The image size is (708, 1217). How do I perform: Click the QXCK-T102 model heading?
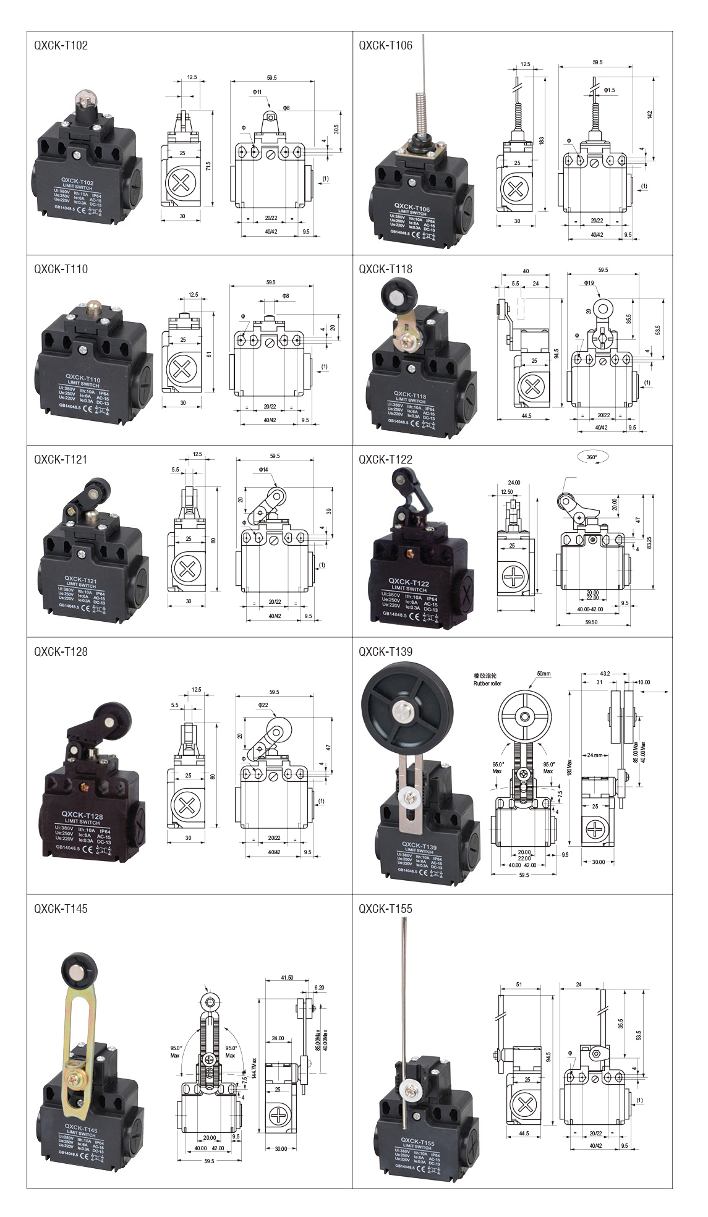(61, 45)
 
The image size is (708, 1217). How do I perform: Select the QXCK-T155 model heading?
(385, 909)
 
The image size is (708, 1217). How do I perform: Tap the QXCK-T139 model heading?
(385, 651)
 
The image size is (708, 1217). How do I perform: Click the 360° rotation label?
(592, 457)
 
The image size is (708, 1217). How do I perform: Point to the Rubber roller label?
(488, 684)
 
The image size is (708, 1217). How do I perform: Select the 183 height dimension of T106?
(542, 141)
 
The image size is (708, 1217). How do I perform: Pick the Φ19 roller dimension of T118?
(588, 283)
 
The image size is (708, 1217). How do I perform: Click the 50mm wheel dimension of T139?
(544, 673)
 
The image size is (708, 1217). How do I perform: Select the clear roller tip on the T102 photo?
(83, 100)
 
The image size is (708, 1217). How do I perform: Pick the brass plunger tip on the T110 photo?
(94, 306)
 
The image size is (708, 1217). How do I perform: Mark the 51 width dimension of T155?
(519, 985)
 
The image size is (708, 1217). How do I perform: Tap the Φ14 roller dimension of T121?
(264, 470)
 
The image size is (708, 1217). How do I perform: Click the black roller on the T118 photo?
(395, 295)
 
